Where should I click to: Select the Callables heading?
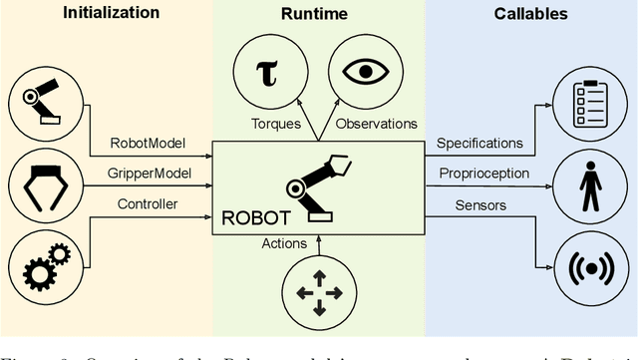(x=531, y=14)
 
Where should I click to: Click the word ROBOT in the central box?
(x=255, y=216)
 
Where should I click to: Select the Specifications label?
(x=478, y=144)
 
